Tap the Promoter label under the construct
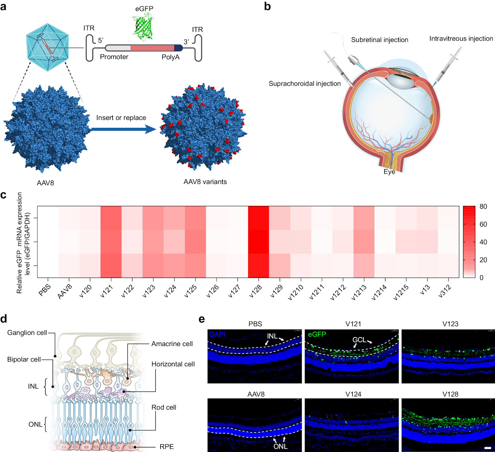click(114, 57)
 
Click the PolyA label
click(170, 57)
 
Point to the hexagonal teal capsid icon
click(48, 47)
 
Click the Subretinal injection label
click(379, 40)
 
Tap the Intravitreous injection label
click(461, 39)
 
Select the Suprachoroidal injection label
click(305, 84)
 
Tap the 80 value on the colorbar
click(483, 207)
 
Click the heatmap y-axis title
click(23, 243)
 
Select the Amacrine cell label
click(172, 344)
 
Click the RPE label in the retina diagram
click(166, 447)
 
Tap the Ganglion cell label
click(27, 332)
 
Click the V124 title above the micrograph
click(353, 394)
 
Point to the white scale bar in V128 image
click(488, 448)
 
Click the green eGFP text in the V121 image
click(317, 334)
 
